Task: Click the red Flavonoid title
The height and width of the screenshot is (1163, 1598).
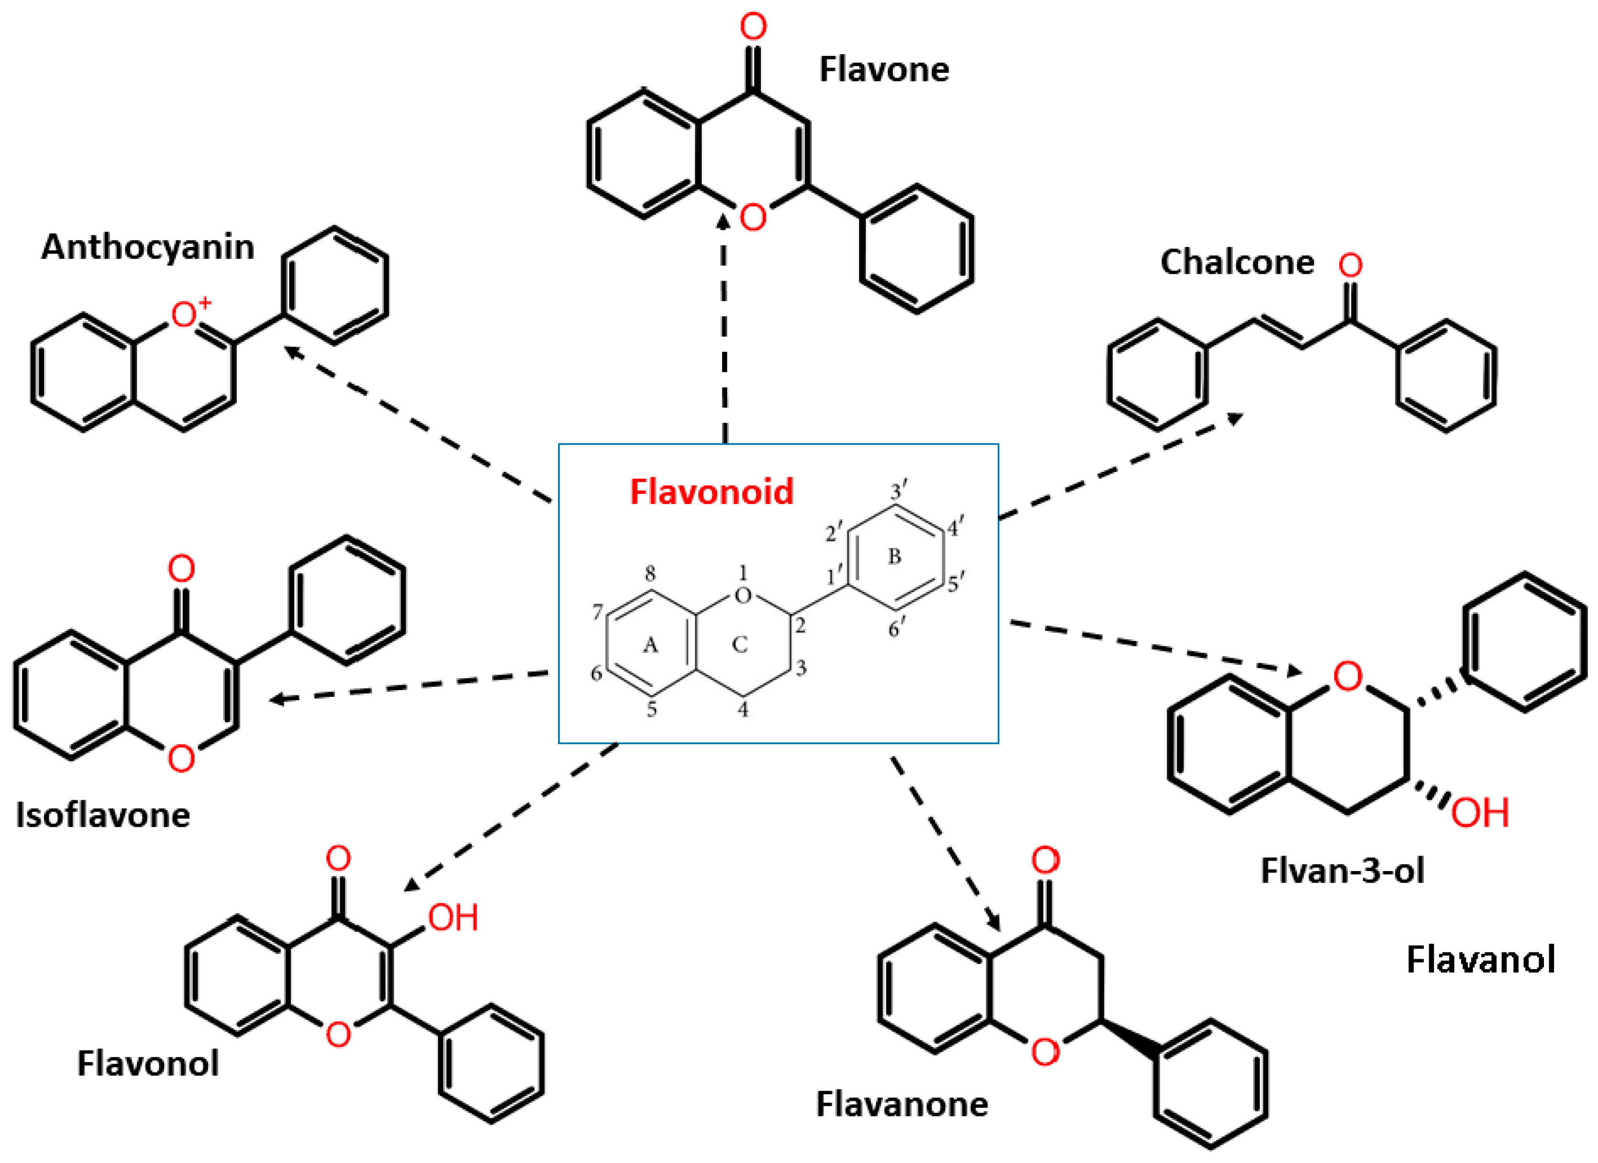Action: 712,492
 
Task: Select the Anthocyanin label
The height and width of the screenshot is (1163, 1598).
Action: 147,247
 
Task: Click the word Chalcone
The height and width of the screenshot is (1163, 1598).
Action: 1237,263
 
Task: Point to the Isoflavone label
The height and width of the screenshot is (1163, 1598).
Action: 103,815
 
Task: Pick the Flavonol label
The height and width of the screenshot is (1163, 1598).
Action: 147,1063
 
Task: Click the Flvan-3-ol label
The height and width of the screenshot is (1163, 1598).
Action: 1342,871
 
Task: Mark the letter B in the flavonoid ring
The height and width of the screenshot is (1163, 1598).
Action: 894,557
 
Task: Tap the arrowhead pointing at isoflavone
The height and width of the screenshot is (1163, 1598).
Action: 278,699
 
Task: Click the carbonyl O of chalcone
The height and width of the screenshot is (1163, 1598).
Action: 1351,266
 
